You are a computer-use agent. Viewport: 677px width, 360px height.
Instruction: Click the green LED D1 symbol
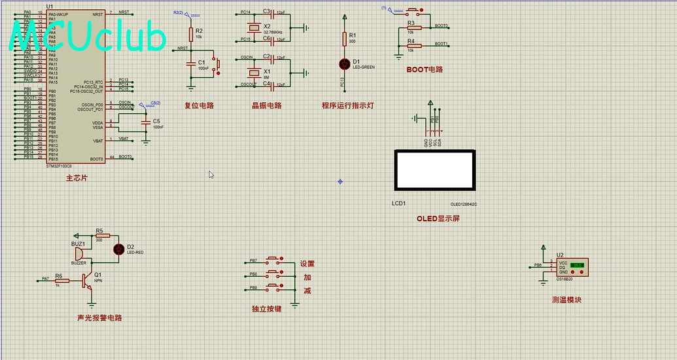(x=345, y=63)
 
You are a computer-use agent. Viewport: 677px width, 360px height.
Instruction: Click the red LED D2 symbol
(x=118, y=249)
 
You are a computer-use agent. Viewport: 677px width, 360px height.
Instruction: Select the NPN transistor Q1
(x=88, y=280)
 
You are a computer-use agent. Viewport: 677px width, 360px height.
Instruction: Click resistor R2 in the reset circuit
(x=191, y=35)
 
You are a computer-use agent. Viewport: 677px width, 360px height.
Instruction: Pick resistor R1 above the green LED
(x=345, y=39)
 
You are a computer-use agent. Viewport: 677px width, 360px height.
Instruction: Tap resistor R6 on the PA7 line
(x=61, y=280)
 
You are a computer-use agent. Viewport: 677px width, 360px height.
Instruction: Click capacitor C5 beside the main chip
(x=145, y=122)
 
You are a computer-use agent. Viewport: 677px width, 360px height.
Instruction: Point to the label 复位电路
(x=199, y=105)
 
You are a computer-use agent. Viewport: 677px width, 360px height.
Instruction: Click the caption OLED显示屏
(x=438, y=219)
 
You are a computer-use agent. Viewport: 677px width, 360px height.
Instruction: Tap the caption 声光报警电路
(x=99, y=318)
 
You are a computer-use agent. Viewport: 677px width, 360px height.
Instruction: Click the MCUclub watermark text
(x=88, y=37)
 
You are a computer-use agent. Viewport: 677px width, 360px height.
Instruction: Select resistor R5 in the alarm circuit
(x=99, y=236)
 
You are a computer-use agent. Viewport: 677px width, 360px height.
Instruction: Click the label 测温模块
(x=566, y=300)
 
